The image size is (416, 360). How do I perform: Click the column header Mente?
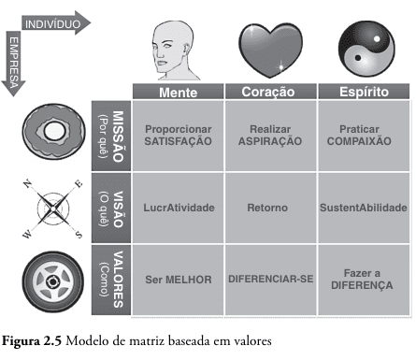pyautogui.click(x=178, y=94)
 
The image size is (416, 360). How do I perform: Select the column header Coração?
pyautogui.click(x=269, y=94)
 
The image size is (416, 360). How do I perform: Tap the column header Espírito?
pyautogui.click(x=363, y=94)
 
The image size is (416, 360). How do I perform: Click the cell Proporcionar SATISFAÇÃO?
pyautogui.click(x=178, y=135)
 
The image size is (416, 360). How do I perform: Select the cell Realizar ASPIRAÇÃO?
pyautogui.click(x=269, y=135)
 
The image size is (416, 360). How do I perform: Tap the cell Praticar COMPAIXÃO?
pyautogui.click(x=363, y=135)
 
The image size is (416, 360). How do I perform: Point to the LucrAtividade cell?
pyautogui.click(x=178, y=207)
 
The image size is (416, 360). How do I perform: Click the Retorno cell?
pyautogui.click(x=269, y=207)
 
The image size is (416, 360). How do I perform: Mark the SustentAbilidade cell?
pyautogui.click(x=363, y=207)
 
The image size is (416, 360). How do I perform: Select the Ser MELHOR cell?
pyautogui.click(x=178, y=279)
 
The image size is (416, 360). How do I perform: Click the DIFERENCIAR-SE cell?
pyautogui.click(x=269, y=279)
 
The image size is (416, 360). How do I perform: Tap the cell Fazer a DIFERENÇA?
pyautogui.click(x=363, y=279)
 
